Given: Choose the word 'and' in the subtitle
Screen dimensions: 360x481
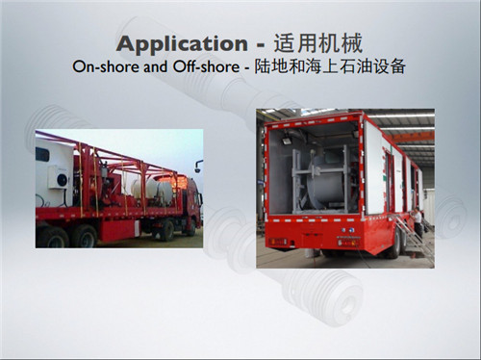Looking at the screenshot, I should tap(153, 67).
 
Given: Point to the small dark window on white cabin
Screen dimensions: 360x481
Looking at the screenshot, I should tap(42, 154).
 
